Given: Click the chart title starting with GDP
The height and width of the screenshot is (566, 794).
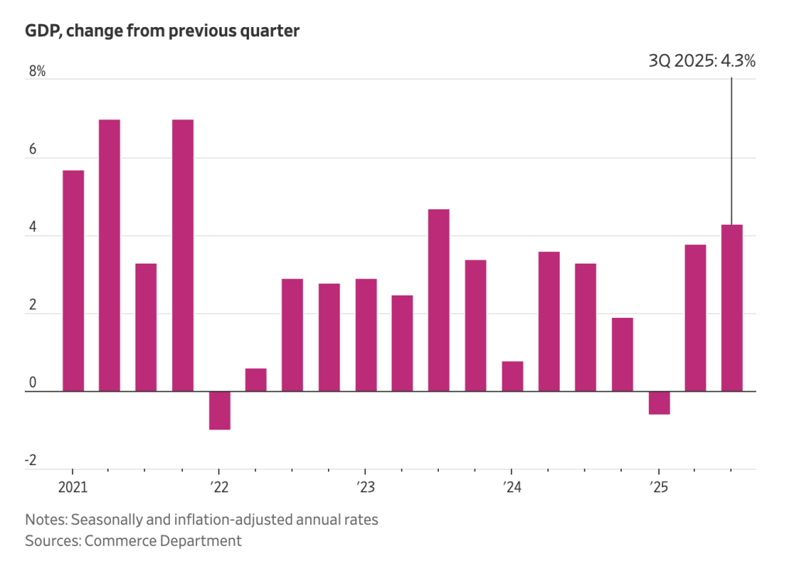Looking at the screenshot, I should click(x=162, y=32).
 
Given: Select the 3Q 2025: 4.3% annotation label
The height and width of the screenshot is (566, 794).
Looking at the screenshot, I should click(x=701, y=61).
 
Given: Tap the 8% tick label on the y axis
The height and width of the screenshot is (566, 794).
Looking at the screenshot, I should click(x=38, y=72).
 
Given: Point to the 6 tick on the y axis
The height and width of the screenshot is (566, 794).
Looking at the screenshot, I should click(x=32, y=150).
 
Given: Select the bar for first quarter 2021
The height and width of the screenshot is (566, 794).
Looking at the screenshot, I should click(x=73, y=281).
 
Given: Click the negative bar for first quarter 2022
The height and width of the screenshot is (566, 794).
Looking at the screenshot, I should click(x=219, y=410).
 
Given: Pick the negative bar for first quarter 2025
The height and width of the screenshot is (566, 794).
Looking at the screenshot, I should click(x=659, y=402).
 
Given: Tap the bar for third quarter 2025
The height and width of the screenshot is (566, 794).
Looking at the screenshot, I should click(x=732, y=308).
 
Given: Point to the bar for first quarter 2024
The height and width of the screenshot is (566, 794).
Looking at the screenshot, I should click(x=513, y=376).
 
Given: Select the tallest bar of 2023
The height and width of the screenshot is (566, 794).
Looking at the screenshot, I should click(x=439, y=300).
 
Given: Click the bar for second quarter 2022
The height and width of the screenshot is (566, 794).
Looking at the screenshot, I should click(x=256, y=380).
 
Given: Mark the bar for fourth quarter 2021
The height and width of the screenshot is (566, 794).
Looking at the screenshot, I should click(x=183, y=256).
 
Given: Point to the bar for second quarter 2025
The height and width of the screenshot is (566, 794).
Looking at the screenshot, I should click(x=696, y=318).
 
